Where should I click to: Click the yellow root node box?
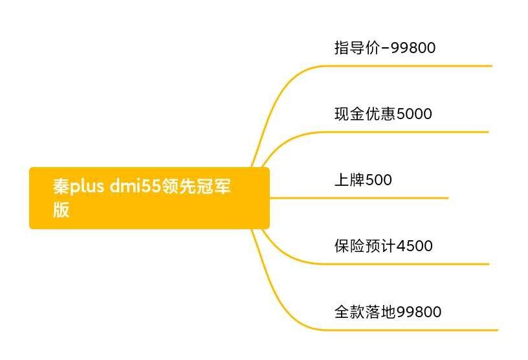point(149,198)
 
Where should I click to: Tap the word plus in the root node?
point(87,186)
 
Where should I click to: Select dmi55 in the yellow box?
point(135,186)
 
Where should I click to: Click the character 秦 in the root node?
point(61,186)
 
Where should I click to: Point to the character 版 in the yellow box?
point(61,210)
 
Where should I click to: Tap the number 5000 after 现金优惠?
point(415,114)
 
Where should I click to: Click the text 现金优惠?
point(366,113)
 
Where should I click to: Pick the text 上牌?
point(349,179)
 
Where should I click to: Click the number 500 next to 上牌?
point(379,180)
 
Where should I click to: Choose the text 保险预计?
point(366,246)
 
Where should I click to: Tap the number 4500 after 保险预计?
point(415,246)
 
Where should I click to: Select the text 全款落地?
point(366,312)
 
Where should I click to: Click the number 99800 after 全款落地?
point(419,312)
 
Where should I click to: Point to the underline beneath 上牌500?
point(359,198)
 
